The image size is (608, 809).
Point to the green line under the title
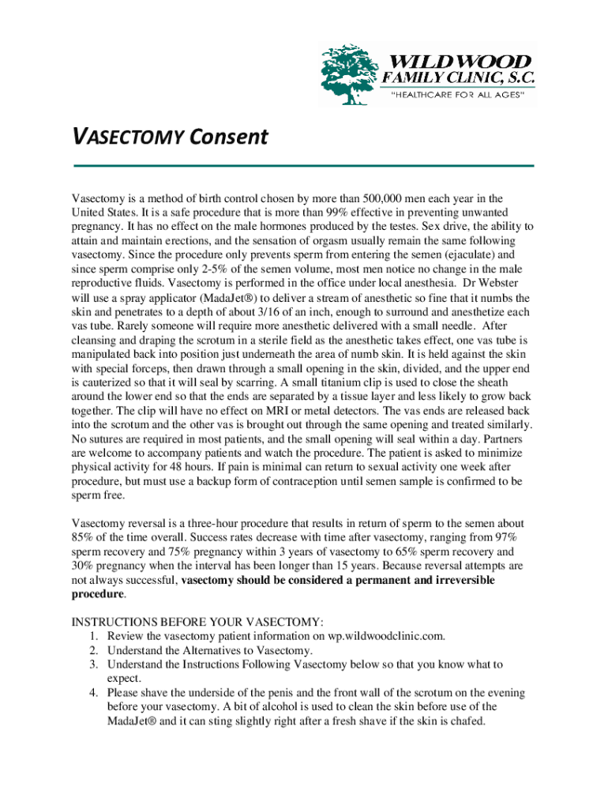[303, 166]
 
